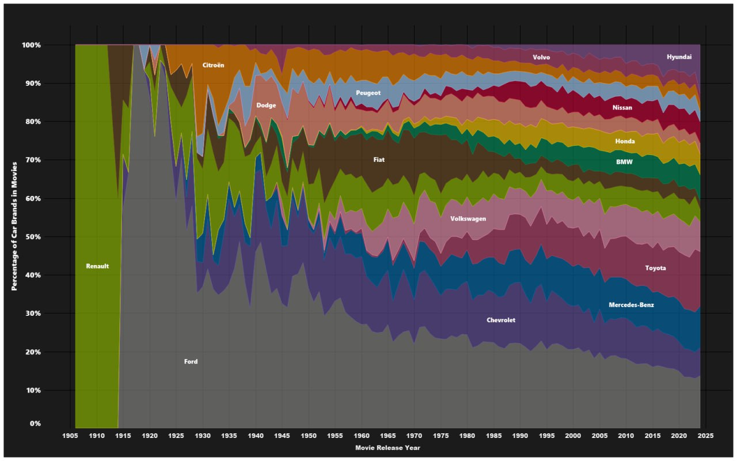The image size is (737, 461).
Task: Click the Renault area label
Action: [x=97, y=266]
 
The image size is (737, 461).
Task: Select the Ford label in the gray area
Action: [x=191, y=362]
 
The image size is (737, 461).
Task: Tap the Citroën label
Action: [x=213, y=66]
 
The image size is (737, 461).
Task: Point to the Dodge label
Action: [x=266, y=105]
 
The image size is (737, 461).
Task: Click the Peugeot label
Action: [x=368, y=93]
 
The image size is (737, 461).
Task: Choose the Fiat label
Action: [x=378, y=160]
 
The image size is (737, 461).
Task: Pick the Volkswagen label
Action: [x=468, y=219]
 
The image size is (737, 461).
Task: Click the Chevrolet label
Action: [x=500, y=320]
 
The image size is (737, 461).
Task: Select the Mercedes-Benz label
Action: [x=631, y=305]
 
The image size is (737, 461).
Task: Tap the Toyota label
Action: [x=655, y=268]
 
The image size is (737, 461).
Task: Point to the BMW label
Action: [x=624, y=163]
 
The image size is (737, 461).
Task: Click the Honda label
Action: [x=625, y=141]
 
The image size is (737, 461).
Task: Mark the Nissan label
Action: [x=622, y=108]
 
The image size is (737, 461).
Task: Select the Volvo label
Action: [x=541, y=58]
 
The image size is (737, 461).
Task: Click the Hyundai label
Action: [x=679, y=57]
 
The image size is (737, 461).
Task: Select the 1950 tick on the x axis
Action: [x=309, y=435]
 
